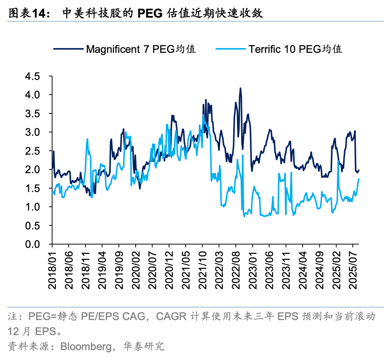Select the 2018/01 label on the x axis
point(52,269)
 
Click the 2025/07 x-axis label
point(353,269)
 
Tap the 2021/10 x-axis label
point(203,269)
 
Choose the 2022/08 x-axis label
point(236,269)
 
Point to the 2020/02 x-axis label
point(136,269)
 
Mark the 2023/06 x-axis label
point(270,269)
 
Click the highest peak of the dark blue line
point(240,88)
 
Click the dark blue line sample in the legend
point(68,49)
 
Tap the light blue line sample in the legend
point(230,49)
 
